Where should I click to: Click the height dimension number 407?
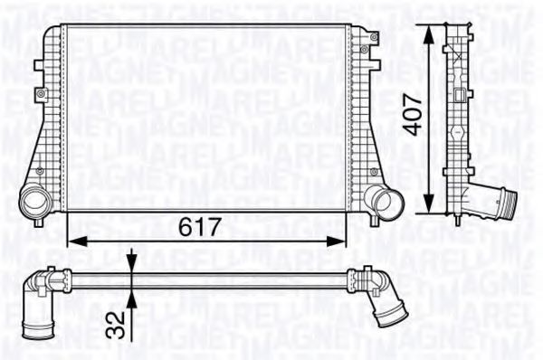(413, 115)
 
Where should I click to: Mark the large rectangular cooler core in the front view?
(207, 118)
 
